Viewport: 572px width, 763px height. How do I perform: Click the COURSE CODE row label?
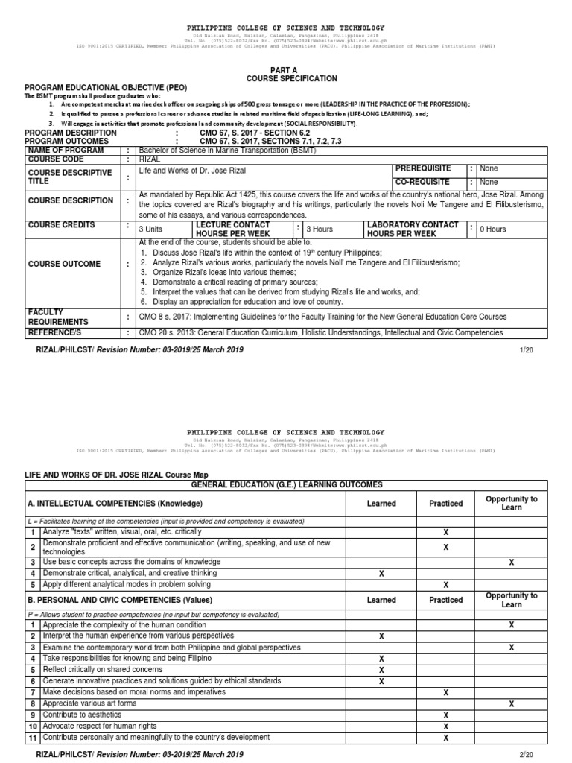coord(54,159)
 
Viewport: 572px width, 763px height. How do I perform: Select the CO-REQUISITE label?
coord(423,181)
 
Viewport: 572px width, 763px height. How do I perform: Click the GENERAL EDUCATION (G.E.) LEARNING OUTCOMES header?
coord(286,484)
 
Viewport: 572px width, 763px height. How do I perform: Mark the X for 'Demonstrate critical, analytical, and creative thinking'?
coord(381,573)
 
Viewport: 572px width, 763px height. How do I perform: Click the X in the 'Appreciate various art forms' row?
coord(511,703)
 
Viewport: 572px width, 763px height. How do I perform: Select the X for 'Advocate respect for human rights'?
coord(445,726)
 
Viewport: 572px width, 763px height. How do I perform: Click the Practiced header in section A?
coord(445,503)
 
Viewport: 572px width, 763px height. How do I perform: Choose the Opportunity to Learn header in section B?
coord(511,600)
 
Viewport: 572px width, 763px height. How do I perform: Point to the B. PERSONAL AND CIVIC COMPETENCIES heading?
coord(110,600)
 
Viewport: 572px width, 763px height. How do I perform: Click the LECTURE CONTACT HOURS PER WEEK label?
coord(231,229)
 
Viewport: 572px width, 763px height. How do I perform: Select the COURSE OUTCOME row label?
coord(64,264)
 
